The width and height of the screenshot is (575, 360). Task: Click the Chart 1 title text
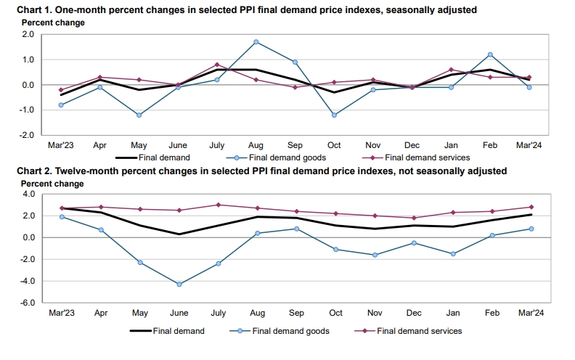[240, 9]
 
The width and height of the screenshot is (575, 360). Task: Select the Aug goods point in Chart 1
[256, 42]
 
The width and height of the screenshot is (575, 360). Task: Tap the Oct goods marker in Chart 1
[335, 115]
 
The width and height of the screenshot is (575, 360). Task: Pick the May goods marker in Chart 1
[139, 115]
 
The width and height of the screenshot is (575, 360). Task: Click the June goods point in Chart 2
[178, 284]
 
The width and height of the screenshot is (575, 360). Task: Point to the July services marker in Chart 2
[217, 205]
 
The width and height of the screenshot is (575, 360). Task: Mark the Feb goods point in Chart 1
[492, 54]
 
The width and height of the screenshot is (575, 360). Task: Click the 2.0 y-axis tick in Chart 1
[28, 34]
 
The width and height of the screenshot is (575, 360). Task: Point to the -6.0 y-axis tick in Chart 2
[28, 303]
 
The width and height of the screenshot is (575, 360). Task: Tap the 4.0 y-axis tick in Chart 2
[28, 195]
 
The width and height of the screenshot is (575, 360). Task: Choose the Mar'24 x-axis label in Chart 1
[531, 145]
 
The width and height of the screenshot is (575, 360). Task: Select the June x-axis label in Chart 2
[178, 313]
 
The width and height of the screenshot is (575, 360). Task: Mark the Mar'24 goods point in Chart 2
[531, 229]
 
